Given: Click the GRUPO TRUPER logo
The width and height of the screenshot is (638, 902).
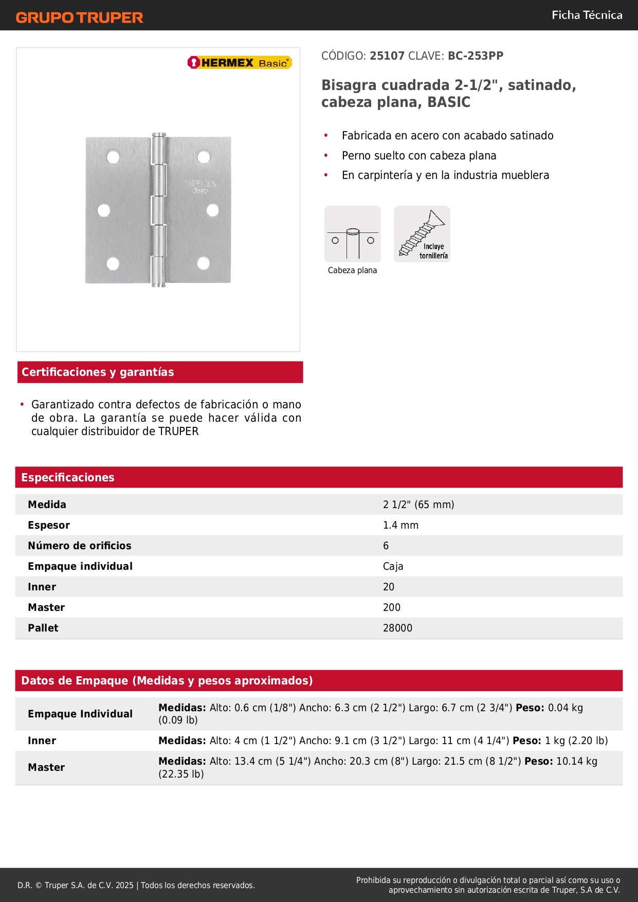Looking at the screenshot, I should (79, 17).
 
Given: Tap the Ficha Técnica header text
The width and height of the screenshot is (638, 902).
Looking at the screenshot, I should (587, 15).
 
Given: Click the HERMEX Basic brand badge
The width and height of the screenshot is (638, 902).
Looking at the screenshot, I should (240, 63).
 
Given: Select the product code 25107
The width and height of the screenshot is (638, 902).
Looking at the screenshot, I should (387, 56).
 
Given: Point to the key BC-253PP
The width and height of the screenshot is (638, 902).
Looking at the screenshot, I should (476, 56).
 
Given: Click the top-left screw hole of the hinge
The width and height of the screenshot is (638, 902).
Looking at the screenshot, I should (113, 157).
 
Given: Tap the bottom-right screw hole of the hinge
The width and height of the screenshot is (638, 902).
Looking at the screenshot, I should (203, 263).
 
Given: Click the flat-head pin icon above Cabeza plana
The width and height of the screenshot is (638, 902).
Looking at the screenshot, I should (353, 234).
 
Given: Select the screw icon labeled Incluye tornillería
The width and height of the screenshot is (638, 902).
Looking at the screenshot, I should (422, 234).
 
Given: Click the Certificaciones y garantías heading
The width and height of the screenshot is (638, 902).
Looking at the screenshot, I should (98, 372).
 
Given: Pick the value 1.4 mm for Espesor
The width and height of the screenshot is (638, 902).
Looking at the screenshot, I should (400, 525).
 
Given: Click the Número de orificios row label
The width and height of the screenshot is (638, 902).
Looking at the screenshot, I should (80, 546).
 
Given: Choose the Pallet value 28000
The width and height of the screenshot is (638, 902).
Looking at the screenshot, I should (397, 628).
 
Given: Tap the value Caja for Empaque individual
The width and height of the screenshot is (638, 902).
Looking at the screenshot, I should (393, 566).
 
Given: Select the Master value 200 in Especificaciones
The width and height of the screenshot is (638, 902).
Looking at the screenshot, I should (391, 607).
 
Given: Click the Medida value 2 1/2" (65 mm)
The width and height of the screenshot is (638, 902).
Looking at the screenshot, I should (418, 504).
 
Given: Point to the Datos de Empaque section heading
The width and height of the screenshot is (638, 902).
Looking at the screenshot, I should (167, 680).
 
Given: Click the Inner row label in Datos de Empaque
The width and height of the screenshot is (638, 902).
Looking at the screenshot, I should (42, 741).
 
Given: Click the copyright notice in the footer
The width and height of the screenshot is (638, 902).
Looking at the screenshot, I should (136, 885).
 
